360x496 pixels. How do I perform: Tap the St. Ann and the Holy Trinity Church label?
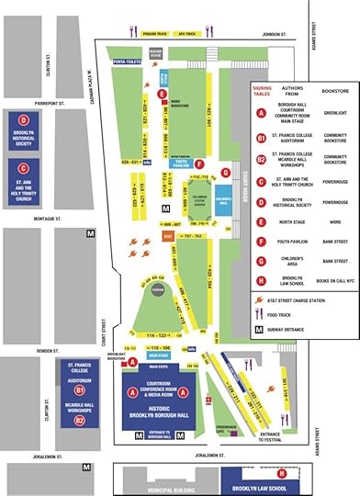coord(23,182)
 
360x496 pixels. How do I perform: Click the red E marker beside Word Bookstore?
coord(162,93)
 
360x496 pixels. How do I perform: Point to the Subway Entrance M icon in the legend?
coord(263,327)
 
